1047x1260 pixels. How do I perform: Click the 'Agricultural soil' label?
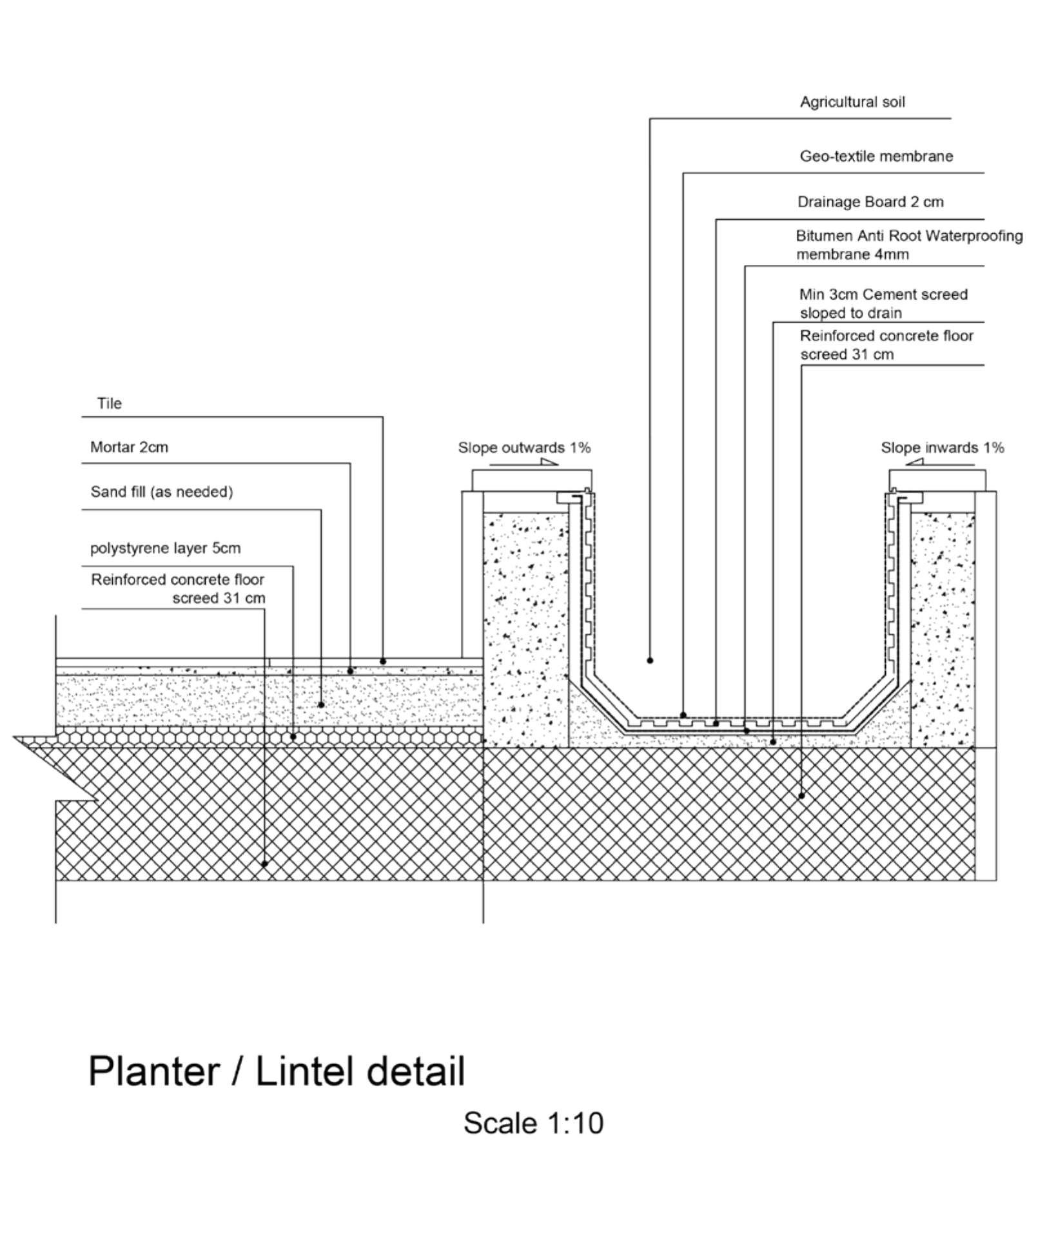[x=852, y=102]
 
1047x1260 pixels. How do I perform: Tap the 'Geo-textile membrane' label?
[x=876, y=156]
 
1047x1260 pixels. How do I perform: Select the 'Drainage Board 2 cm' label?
[x=870, y=202]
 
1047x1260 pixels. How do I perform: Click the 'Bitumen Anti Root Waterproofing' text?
[x=909, y=236]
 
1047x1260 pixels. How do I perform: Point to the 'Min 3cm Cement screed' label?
[x=883, y=295]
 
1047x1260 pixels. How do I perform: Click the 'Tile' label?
[x=110, y=403]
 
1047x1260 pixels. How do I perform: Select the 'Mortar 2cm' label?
[x=129, y=447]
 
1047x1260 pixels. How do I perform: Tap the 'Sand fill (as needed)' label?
[x=162, y=492]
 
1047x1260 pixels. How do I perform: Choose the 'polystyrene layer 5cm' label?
[x=165, y=548]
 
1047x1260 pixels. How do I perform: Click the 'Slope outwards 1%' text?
[x=524, y=448]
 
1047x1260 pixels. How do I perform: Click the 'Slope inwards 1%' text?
[x=943, y=448]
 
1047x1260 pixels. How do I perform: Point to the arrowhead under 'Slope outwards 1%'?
[x=549, y=461]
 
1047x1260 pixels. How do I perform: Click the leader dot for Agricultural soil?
[x=650, y=661]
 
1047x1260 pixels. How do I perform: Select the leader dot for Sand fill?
[x=321, y=705]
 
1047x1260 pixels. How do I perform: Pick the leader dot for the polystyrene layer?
[x=293, y=736]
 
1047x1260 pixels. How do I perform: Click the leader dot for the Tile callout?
[x=383, y=661]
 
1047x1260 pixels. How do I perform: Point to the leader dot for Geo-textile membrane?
[x=683, y=715]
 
